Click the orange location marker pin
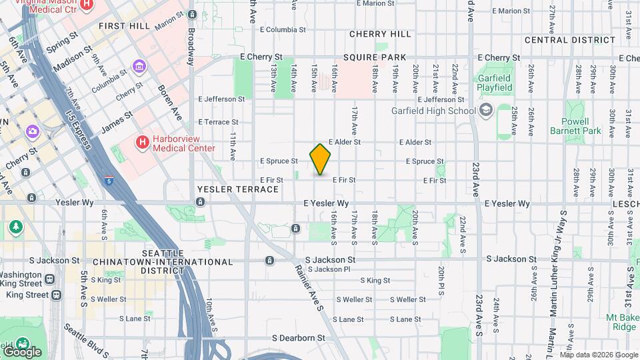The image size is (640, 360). [x=320, y=159]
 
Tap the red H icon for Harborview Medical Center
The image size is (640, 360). [x=142, y=142]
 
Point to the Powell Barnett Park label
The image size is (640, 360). [x=585, y=127]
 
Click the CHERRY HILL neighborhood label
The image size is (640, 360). [x=380, y=34]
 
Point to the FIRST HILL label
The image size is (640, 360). [x=123, y=25]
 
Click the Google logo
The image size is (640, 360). [x=22, y=351]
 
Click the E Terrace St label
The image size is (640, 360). [x=218, y=122]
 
